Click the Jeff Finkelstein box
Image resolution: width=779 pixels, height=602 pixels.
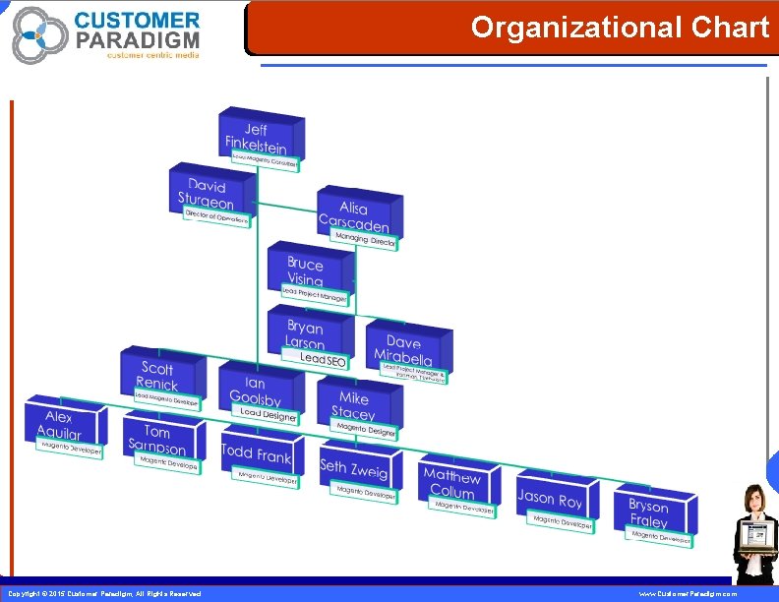click(257, 136)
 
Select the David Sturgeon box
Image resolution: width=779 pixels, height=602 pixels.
click(206, 191)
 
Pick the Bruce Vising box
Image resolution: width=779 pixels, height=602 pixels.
click(305, 270)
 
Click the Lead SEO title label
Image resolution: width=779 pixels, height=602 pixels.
click(324, 361)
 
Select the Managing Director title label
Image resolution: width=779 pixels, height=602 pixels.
click(366, 240)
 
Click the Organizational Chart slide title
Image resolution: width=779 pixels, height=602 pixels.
click(620, 28)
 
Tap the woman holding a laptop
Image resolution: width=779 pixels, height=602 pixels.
click(756, 532)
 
